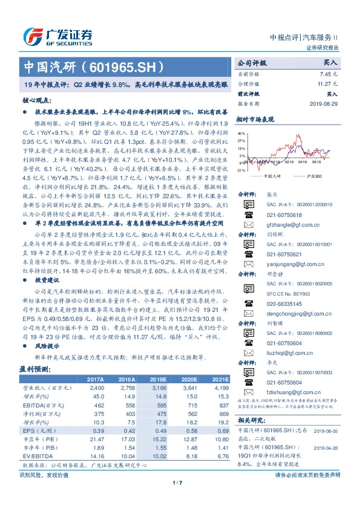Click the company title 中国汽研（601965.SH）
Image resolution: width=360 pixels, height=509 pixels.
click(93, 65)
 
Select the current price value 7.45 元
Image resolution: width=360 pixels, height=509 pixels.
click(329, 73)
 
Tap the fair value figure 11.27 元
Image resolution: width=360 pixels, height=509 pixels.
click(327, 84)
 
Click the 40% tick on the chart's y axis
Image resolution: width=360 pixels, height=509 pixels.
click(242, 132)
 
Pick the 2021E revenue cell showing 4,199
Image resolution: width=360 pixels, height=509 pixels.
click(219, 387)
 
